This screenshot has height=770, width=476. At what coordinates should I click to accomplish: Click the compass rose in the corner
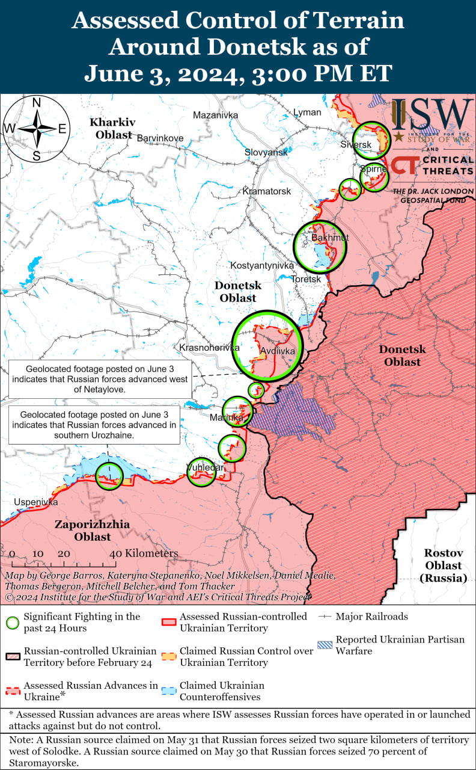click(x=36, y=129)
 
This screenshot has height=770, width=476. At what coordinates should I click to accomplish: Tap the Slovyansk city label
click(x=266, y=153)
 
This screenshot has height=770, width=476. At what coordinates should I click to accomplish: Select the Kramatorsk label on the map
click(x=267, y=191)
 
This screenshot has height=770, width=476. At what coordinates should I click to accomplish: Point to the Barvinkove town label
click(x=160, y=138)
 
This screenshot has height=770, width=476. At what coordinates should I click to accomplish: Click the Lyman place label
click(x=307, y=112)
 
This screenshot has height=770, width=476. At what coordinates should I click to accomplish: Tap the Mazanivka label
click(x=215, y=115)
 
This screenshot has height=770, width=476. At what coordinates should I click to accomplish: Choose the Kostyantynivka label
click(x=263, y=265)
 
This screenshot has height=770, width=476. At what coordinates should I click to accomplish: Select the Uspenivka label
click(x=36, y=502)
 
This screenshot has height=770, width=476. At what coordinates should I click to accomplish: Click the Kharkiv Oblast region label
click(x=113, y=129)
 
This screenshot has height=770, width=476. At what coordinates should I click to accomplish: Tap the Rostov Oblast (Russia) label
click(x=443, y=565)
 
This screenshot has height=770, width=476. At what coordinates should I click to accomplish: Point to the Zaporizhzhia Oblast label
click(x=92, y=530)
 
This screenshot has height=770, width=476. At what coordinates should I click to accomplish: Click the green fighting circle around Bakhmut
click(x=321, y=246)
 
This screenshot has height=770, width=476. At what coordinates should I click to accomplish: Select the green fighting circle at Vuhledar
click(x=201, y=472)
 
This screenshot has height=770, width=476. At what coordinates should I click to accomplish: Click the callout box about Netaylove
click(x=99, y=379)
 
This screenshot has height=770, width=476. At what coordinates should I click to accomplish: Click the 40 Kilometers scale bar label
click(x=144, y=553)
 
